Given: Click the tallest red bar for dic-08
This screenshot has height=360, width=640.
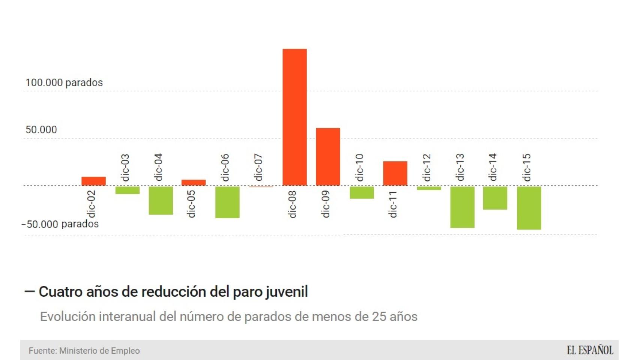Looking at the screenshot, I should pyautogui.click(x=294, y=117).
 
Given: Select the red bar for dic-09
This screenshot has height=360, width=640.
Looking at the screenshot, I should pyautogui.click(x=328, y=157).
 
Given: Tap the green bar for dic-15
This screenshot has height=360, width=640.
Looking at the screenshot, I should pyautogui.click(x=529, y=208).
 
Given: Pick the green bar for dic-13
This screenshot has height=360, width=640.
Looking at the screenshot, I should pyautogui.click(x=462, y=207).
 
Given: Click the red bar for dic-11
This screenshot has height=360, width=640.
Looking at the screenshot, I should pyautogui.click(x=395, y=173).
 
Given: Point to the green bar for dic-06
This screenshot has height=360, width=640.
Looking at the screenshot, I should pyautogui.click(x=227, y=202).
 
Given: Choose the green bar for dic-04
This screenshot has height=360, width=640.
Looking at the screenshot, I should pyautogui.click(x=161, y=200).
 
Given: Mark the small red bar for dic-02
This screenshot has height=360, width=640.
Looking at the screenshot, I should pyautogui.click(x=93, y=181).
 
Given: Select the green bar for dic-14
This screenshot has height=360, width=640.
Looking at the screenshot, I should pyautogui.click(x=495, y=198).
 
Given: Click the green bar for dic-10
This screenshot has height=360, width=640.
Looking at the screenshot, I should pyautogui.click(x=362, y=192).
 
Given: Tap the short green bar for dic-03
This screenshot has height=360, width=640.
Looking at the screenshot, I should pyautogui.click(x=127, y=190).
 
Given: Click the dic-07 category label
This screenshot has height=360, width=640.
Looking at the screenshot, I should pyautogui.click(x=258, y=167).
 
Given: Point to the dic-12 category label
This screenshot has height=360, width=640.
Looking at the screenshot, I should pyautogui.click(x=427, y=167).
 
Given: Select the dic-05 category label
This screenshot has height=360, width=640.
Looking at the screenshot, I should pyautogui.click(x=191, y=204).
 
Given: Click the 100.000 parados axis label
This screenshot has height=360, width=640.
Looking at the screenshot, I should pyautogui.click(x=64, y=82).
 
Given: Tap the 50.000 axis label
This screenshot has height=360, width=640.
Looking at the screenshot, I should pyautogui.click(x=41, y=130).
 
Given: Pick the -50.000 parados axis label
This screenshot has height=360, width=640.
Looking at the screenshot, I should pyautogui.click(x=60, y=224).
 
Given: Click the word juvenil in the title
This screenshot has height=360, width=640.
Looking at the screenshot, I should pyautogui.click(x=287, y=292).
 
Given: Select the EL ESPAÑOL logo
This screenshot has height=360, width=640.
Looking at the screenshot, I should pyautogui.click(x=590, y=350).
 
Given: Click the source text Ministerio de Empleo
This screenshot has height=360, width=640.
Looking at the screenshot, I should pyautogui.click(x=99, y=351).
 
